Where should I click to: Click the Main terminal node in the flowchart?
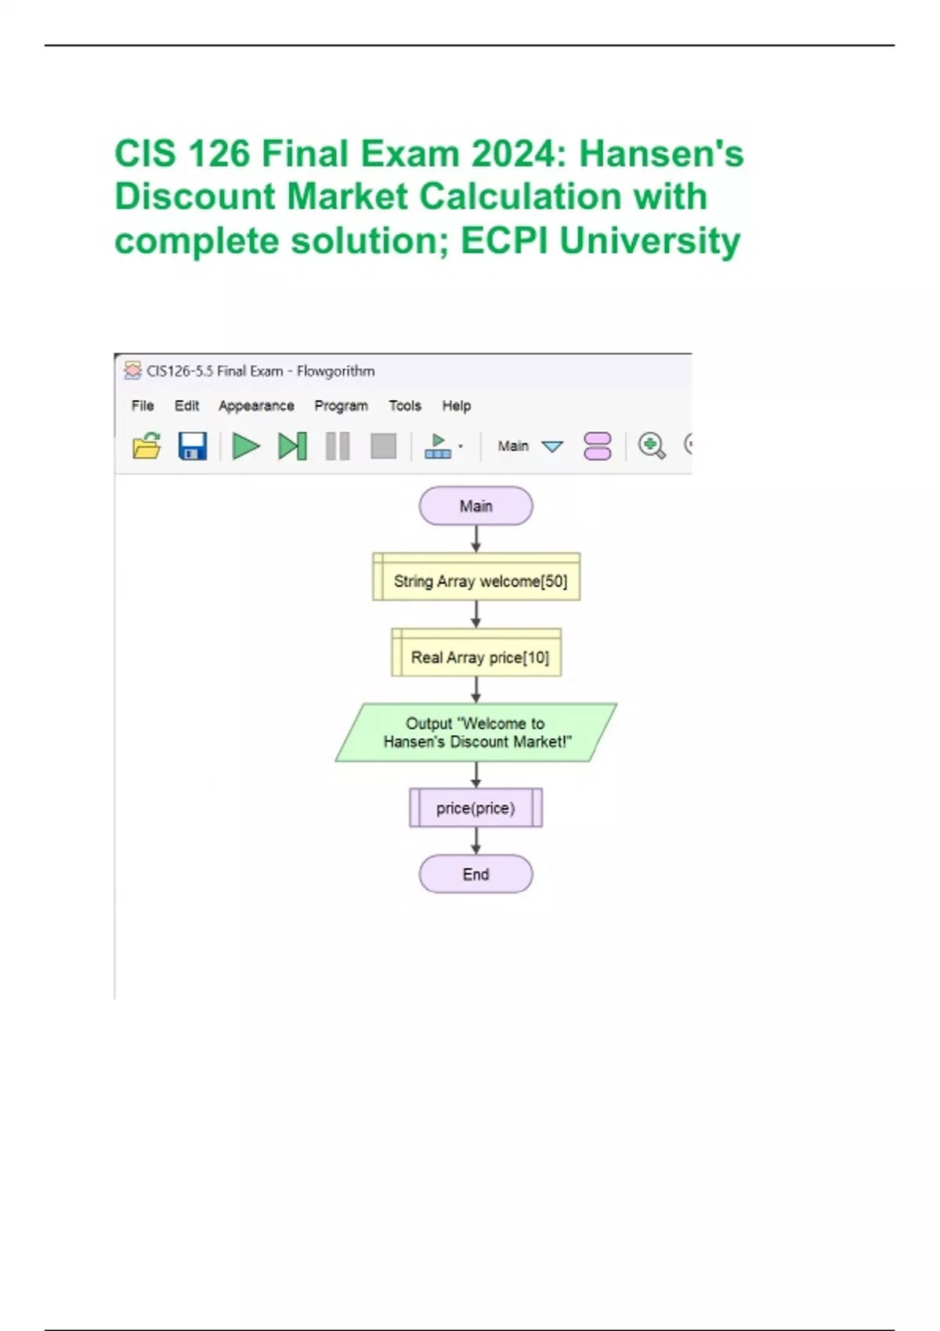(x=475, y=506)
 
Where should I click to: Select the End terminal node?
(x=475, y=874)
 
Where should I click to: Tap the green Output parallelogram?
(x=476, y=732)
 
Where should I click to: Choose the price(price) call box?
(x=475, y=808)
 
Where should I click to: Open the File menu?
(x=143, y=406)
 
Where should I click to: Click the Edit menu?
(x=186, y=406)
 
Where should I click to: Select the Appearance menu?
(x=256, y=406)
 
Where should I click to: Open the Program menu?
(x=341, y=406)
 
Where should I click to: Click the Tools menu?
(x=405, y=406)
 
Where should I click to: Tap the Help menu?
(x=456, y=406)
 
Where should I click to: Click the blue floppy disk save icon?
(x=193, y=446)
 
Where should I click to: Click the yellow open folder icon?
(x=146, y=446)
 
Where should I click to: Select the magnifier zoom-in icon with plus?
(x=651, y=445)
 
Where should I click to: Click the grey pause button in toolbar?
(x=338, y=446)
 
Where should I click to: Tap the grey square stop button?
(x=383, y=446)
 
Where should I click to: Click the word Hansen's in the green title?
(x=661, y=153)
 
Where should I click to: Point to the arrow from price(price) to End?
(x=475, y=841)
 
